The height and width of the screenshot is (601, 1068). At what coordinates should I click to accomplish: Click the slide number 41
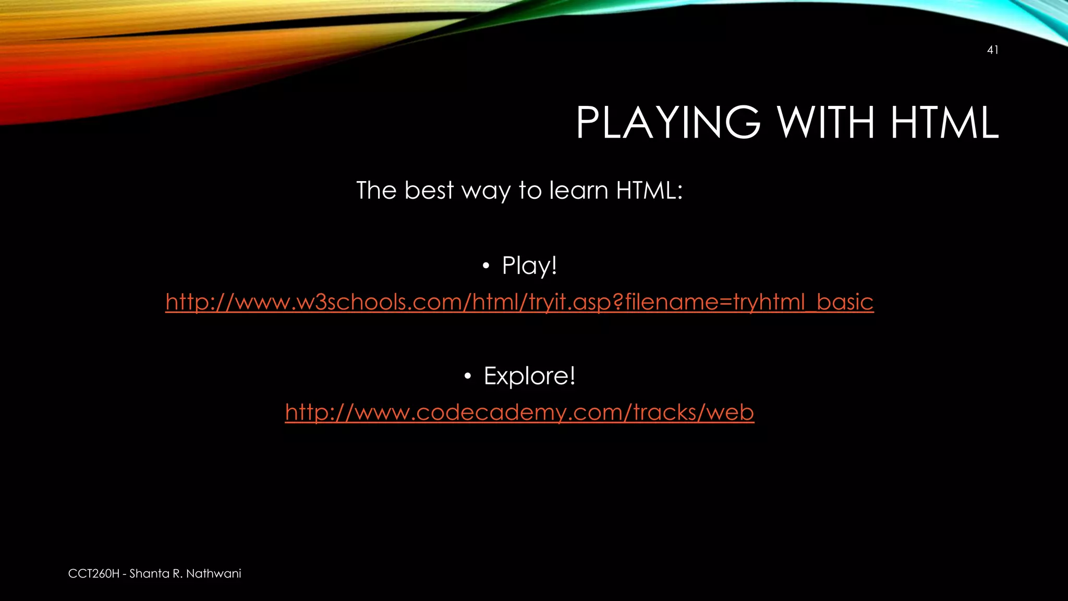tap(992, 50)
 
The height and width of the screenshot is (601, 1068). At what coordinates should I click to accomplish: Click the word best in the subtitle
tap(429, 190)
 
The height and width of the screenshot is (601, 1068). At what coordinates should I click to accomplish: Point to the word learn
tap(578, 190)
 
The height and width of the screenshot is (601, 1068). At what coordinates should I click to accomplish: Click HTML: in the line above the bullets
tap(649, 190)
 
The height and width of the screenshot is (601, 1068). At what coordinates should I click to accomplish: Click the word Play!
tap(529, 266)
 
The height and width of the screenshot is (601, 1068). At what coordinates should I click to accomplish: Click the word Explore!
tap(529, 376)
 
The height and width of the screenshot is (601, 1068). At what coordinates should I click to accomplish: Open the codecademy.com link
tap(519, 412)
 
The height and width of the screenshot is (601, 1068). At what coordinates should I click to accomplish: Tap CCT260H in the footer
tap(93, 574)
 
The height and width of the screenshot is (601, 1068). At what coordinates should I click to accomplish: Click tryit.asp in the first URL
tap(568, 302)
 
